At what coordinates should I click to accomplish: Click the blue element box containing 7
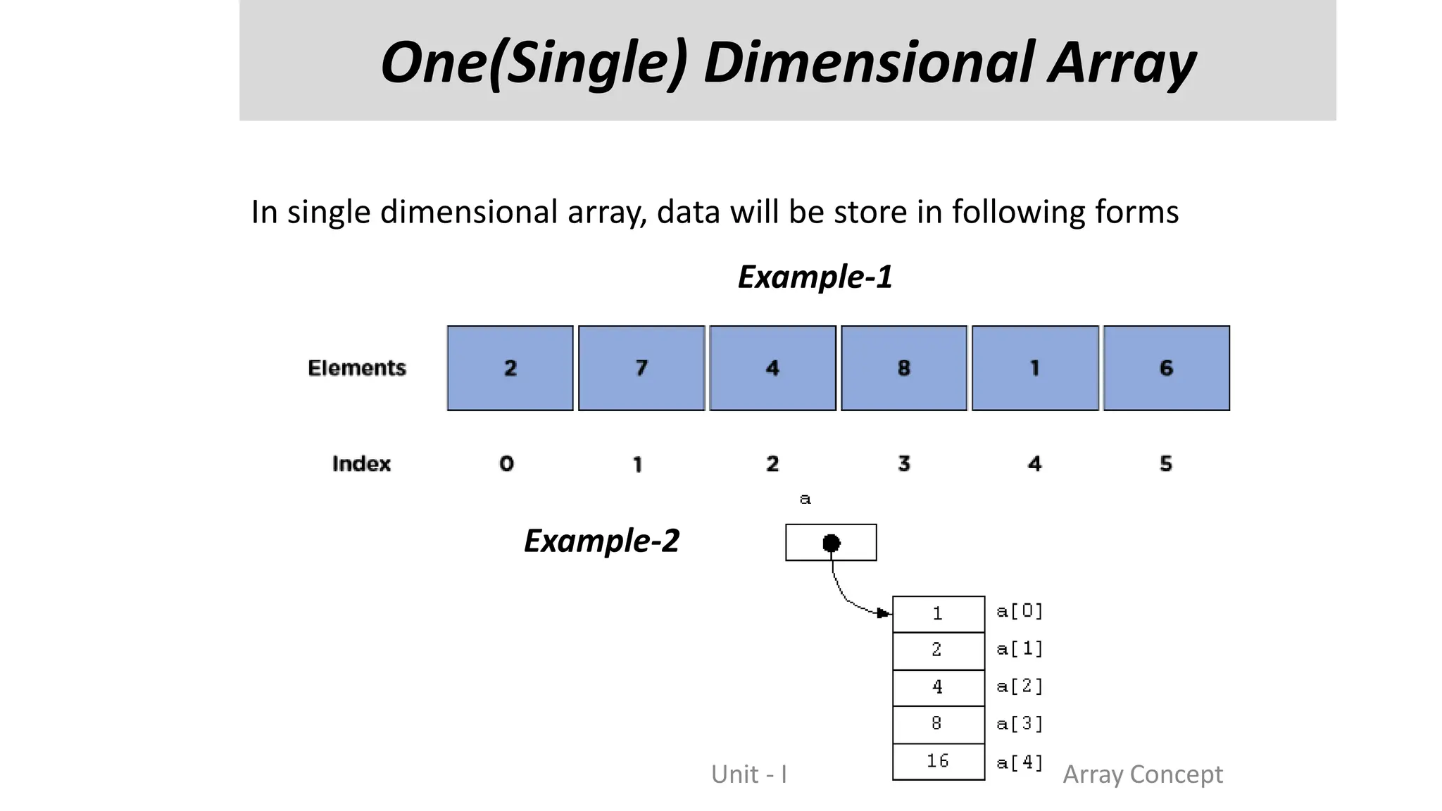641,368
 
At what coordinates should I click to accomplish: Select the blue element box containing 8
904,368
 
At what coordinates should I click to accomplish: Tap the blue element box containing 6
1166,368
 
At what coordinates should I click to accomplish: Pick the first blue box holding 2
510,368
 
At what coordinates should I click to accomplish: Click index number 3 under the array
904,464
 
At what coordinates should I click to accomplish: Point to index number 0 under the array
507,464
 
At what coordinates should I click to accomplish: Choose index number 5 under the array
1166,464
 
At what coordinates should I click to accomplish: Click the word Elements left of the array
357,368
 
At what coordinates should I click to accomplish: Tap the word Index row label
361,464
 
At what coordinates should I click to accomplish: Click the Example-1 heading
815,277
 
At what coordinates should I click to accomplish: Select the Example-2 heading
601,541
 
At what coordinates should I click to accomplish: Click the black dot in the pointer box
832,543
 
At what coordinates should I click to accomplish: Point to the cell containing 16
938,761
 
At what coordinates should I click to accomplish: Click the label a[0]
1020,611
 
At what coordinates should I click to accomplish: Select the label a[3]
1020,724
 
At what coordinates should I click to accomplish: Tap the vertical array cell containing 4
938,687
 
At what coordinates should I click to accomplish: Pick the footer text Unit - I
749,774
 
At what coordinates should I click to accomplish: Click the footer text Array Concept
1143,774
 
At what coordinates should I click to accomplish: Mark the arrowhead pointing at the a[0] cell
884,613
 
